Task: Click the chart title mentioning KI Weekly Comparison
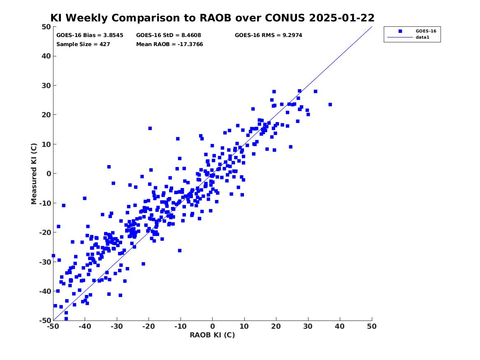click(212, 18)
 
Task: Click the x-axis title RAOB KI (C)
click(212, 335)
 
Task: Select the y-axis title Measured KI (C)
click(34, 174)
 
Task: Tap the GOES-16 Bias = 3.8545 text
click(90, 35)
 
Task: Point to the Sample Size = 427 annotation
click(83, 44)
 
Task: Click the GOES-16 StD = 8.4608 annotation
click(168, 35)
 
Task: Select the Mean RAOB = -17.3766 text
click(169, 44)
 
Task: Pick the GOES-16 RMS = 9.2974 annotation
click(269, 35)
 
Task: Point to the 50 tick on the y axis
click(46, 27)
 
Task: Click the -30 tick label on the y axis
click(45, 262)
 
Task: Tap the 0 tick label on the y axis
click(49, 174)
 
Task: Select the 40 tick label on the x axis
click(340, 326)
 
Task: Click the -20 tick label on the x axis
click(148, 326)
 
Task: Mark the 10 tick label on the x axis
click(244, 326)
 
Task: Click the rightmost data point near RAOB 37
click(330, 105)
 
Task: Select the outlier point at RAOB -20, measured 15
click(150, 128)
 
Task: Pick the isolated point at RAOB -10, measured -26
click(180, 251)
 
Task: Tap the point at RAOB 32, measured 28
click(315, 91)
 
